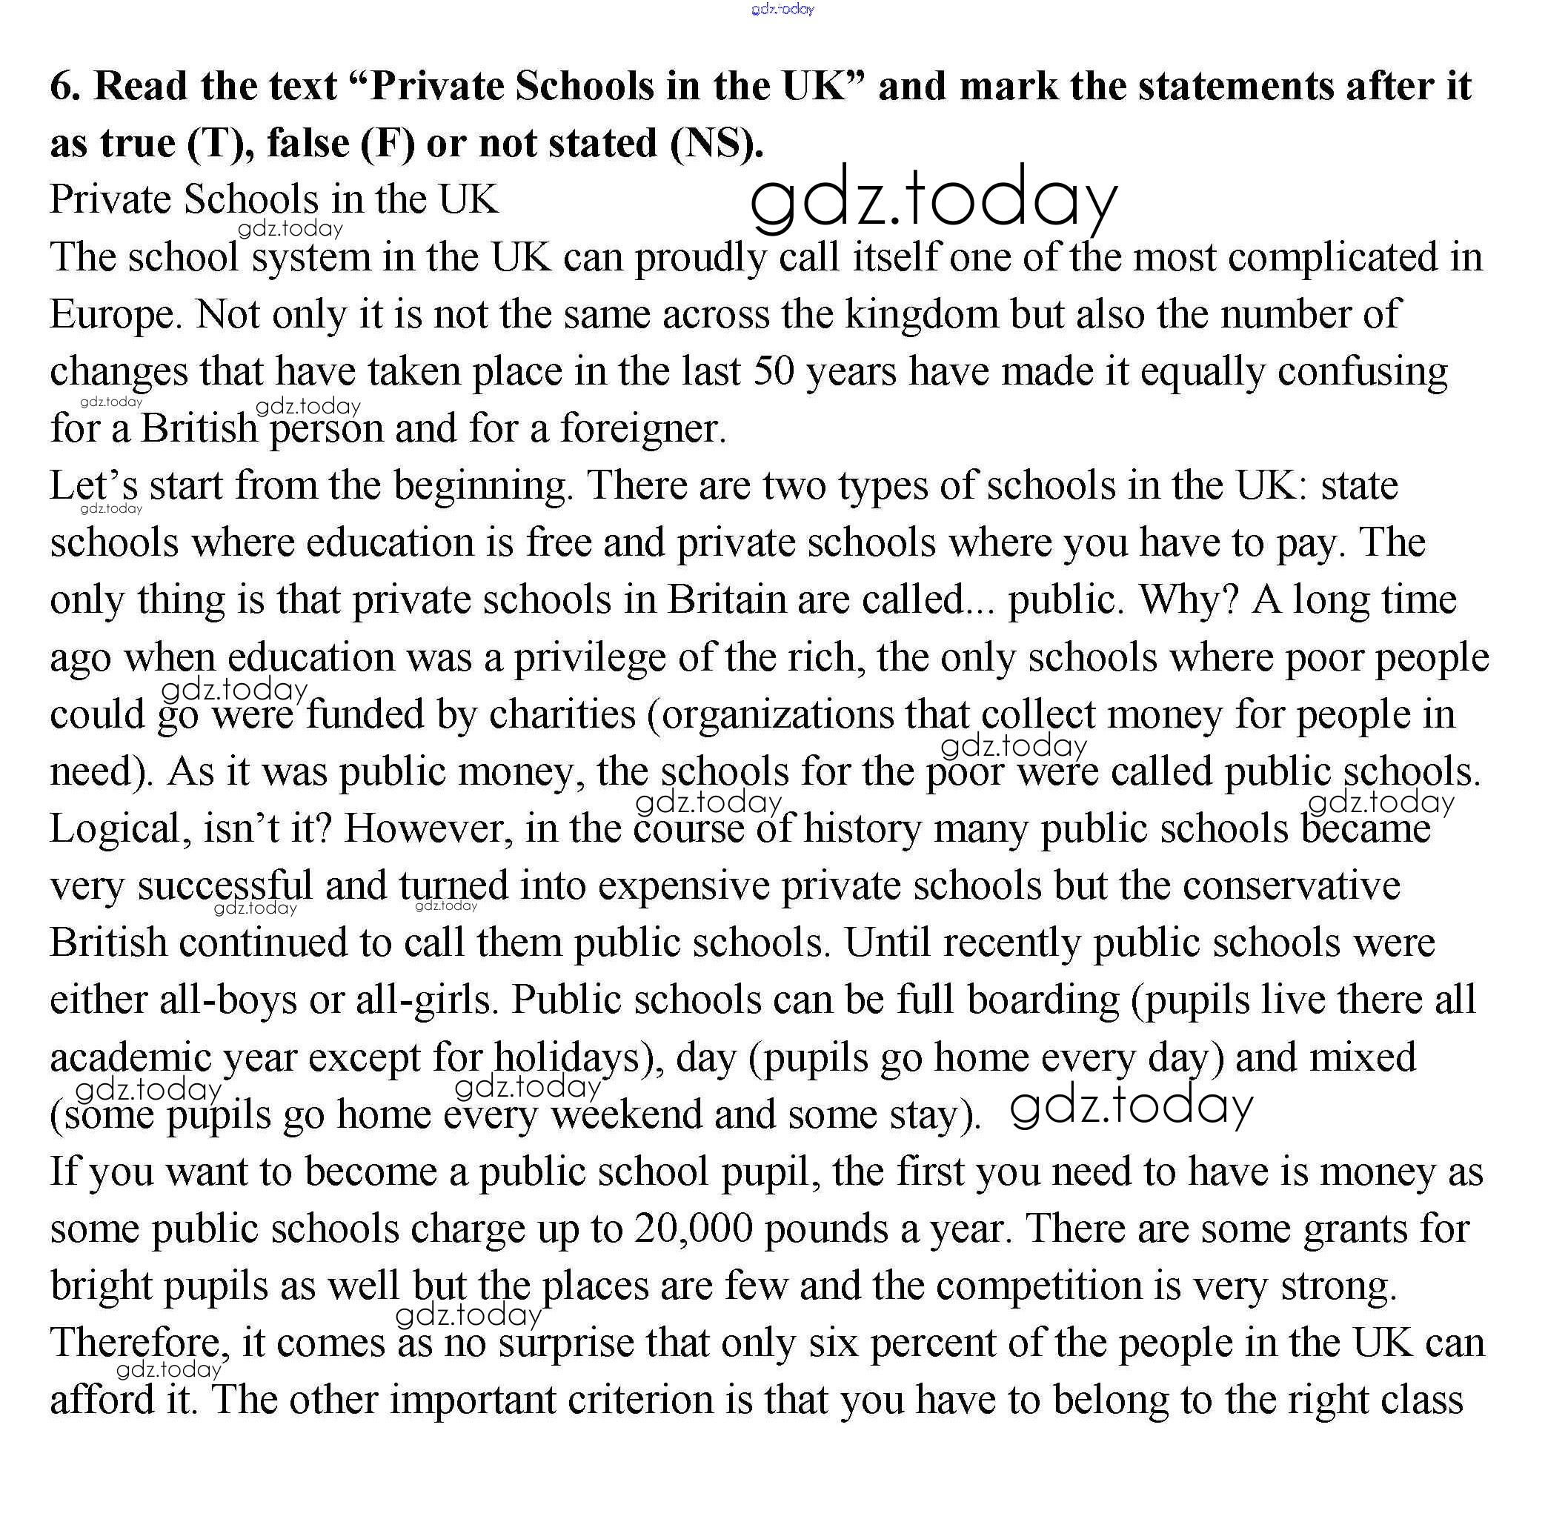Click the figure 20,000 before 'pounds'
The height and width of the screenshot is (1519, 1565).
(694, 1229)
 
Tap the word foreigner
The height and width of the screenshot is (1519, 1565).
(642, 429)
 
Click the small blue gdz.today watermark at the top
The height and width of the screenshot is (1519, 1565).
(782, 10)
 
